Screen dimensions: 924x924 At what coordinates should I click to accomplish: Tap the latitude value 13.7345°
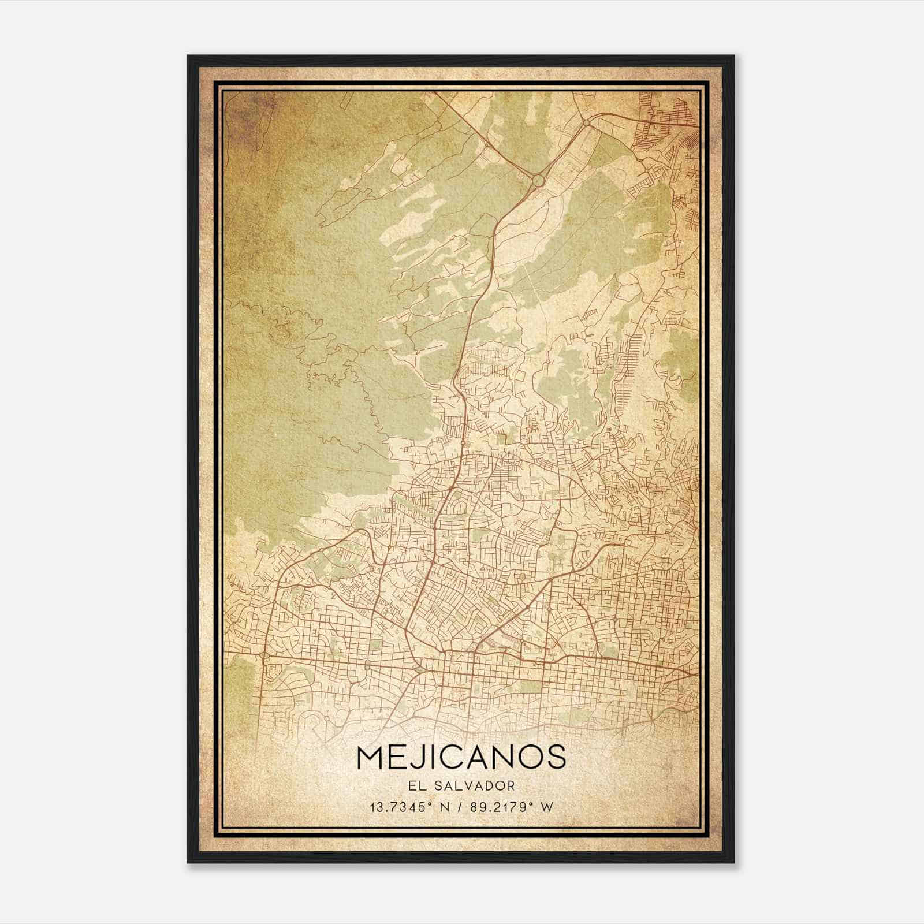(401, 807)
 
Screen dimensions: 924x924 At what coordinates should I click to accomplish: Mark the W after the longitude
(547, 807)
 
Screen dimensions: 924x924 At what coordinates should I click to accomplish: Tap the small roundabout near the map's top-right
(586, 122)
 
